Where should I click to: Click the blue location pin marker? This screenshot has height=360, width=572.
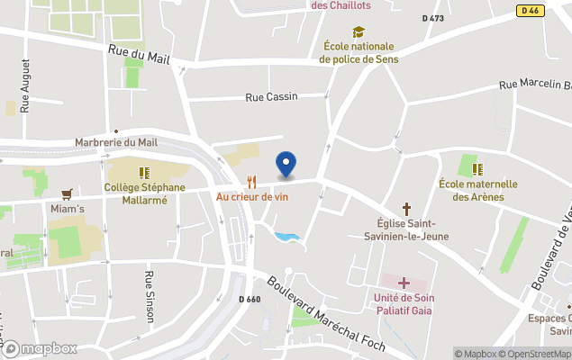286,164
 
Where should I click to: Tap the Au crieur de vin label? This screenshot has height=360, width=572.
251,195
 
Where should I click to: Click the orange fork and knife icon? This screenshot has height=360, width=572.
251,181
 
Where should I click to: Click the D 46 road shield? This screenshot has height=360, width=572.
530,10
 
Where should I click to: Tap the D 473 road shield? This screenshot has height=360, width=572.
434,19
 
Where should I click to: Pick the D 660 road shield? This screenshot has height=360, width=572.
250,300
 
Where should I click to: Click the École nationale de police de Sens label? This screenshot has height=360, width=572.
359,53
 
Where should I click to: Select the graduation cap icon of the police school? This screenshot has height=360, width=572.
359,32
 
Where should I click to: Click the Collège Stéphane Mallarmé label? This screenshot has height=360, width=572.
144,193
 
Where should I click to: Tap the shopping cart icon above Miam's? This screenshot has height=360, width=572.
67,193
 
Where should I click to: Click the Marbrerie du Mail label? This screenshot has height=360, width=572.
116,141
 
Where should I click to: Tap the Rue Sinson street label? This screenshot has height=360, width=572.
150,295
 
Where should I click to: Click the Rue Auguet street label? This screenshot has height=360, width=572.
25,85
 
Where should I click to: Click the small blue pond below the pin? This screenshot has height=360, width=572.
287,238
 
